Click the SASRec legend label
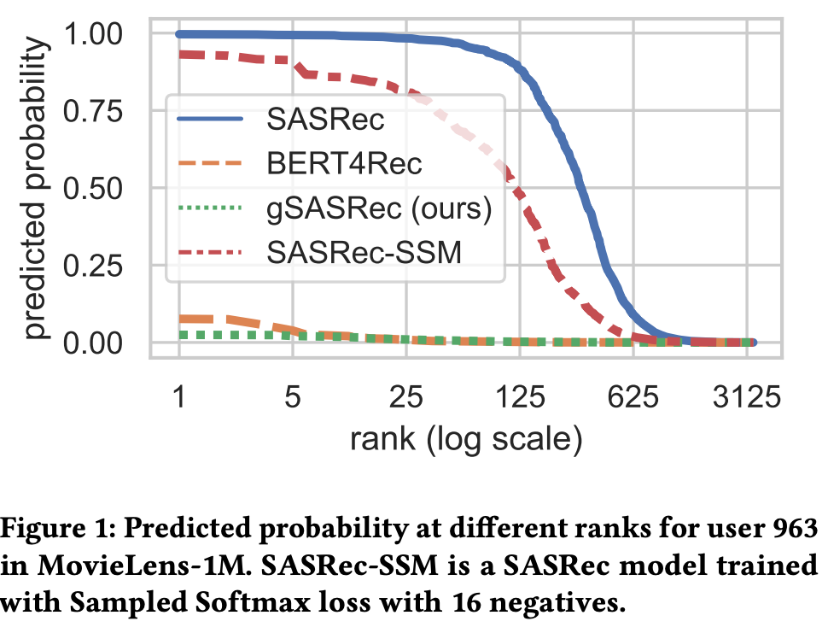tap(325, 120)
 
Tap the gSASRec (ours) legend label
tap(379, 208)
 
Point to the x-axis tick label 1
tap(179, 398)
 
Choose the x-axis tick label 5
tap(293, 398)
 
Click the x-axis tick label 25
tap(406, 398)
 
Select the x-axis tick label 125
tap(521, 398)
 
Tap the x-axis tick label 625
tap(634, 398)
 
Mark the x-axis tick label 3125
tap(748, 398)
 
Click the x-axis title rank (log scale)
tap(465, 441)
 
